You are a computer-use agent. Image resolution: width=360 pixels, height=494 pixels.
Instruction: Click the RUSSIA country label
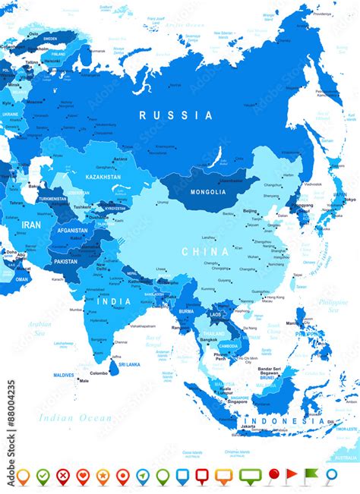tap(176, 115)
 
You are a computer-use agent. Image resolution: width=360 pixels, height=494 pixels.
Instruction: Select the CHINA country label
tap(204, 251)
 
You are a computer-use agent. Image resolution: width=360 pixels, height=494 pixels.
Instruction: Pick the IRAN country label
tap(30, 225)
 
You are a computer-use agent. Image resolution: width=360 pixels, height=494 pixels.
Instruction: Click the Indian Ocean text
tap(73, 417)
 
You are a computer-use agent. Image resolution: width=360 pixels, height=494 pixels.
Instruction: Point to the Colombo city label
tap(99, 373)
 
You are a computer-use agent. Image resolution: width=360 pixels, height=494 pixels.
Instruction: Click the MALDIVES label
tap(64, 375)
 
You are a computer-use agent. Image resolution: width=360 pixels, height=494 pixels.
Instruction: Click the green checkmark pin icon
tap(43, 476)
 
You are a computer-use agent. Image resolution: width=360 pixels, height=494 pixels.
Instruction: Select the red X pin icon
tap(62, 476)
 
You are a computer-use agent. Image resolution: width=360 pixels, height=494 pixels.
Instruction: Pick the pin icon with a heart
tap(83, 476)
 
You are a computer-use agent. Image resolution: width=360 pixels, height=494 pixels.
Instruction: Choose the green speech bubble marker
tap(250, 476)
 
